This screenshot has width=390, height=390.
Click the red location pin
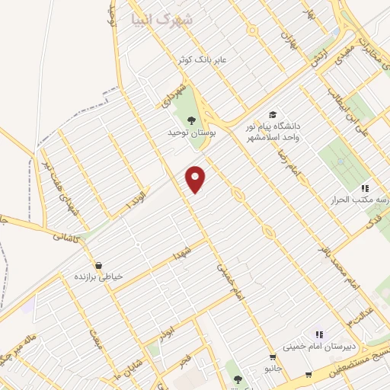pos(197,179)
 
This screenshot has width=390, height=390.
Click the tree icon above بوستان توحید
pos(189,120)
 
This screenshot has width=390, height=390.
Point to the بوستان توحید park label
pos(188,132)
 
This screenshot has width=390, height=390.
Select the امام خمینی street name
pos(229,281)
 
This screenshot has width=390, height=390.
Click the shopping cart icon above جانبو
pos(273,356)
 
